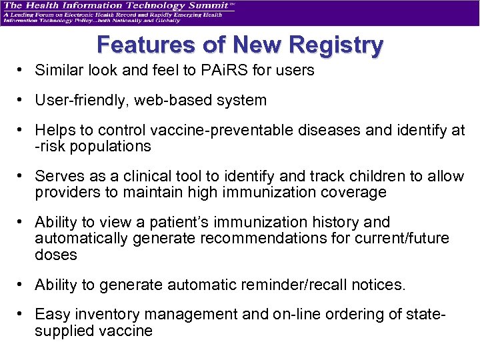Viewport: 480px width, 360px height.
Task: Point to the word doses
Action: [56, 255]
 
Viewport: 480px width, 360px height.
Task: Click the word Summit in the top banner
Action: [202, 6]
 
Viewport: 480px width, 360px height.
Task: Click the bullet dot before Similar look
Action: [22, 70]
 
